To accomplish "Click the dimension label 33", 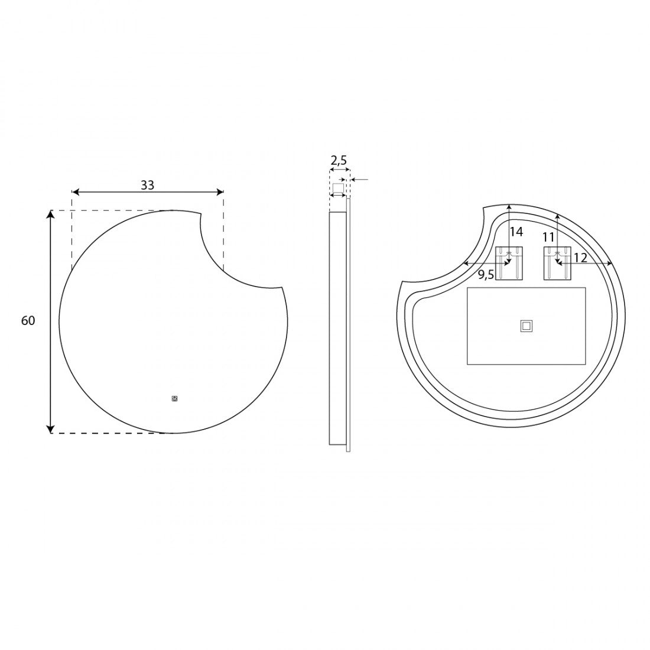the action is pyautogui.click(x=147, y=185).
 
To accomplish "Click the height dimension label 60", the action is pyautogui.click(x=28, y=320).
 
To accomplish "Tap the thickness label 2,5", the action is pyautogui.click(x=338, y=160).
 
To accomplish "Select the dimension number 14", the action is pyautogui.click(x=516, y=232).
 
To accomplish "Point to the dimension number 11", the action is pyautogui.click(x=548, y=237).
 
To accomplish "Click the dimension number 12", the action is pyautogui.click(x=581, y=258).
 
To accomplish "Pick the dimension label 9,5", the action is pyautogui.click(x=486, y=274).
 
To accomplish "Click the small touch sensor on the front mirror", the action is pyautogui.click(x=174, y=399).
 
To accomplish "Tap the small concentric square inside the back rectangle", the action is pyautogui.click(x=526, y=326).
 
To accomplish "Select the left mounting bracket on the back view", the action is pyautogui.click(x=509, y=263).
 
